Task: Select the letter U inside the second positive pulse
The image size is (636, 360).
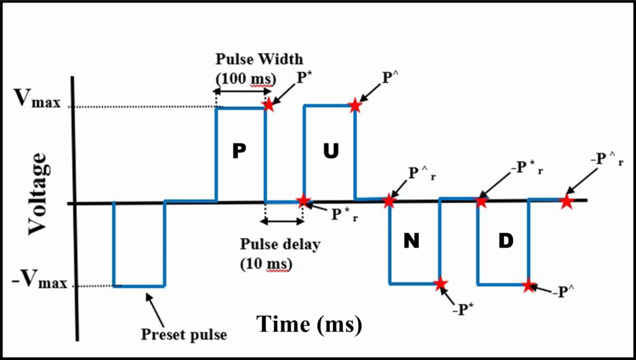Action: click(330, 152)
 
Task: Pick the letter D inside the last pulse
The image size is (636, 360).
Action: click(506, 241)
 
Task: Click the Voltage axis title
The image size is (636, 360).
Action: click(37, 194)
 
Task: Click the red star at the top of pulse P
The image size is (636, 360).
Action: click(268, 104)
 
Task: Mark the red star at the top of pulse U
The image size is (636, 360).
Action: click(355, 106)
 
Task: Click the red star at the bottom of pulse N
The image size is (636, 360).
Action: click(440, 284)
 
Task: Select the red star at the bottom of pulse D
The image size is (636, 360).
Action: click(529, 286)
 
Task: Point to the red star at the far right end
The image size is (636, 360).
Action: click(566, 201)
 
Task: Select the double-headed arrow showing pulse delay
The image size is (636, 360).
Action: click(283, 220)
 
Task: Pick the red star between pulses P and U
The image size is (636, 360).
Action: click(302, 200)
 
